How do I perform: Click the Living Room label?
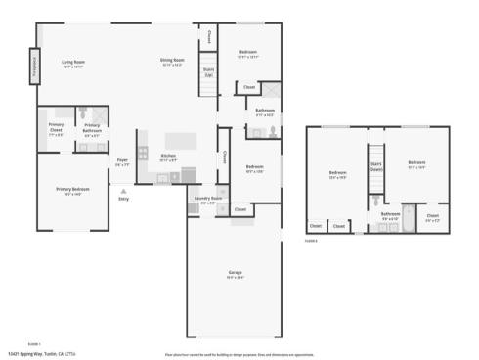point(71,63)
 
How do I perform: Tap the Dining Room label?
point(172,63)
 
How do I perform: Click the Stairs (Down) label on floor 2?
point(375,167)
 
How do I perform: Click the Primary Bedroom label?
point(72,191)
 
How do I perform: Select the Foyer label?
point(122,161)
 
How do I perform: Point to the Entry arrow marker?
point(123,189)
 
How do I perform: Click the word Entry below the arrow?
point(123,199)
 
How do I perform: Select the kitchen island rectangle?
point(181,139)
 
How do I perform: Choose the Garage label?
point(235,273)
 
